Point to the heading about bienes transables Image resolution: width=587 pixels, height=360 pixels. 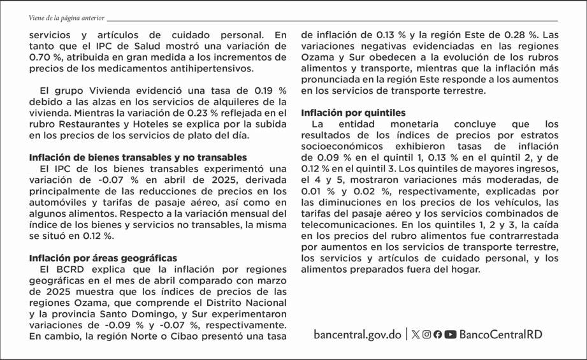138,157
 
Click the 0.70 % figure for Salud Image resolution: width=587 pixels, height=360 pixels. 46,57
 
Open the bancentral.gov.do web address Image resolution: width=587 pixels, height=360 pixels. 358,335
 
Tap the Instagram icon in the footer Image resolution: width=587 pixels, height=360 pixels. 426,335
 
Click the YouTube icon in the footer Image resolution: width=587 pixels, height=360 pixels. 451,335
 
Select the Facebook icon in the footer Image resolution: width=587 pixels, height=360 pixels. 438,335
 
